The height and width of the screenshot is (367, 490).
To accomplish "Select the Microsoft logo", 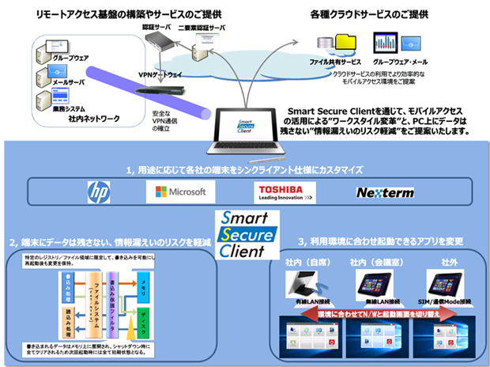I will [x=180, y=191].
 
